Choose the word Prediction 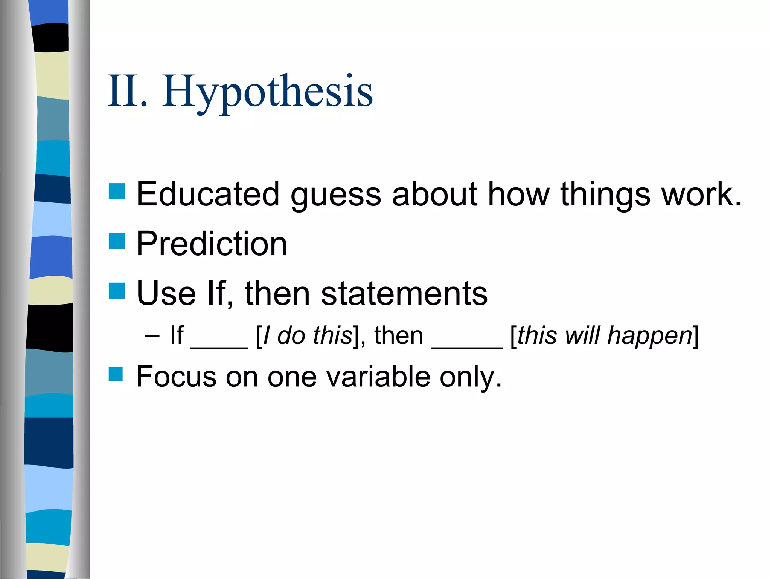212,244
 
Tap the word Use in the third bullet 166,294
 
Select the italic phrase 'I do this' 307,335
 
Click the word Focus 176,377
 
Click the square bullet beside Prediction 117,241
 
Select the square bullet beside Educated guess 117,191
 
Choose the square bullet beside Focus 116,374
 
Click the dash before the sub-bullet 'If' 152,335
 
